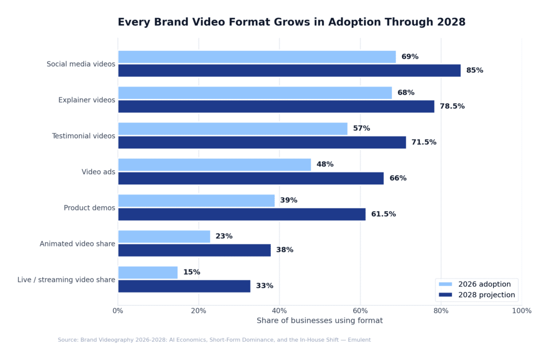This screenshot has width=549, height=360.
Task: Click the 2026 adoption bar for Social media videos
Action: (x=257, y=57)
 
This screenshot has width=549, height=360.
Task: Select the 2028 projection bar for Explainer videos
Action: (x=276, y=106)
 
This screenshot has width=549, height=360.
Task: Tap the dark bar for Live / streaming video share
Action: (x=184, y=286)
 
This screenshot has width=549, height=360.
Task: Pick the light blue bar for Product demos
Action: (x=196, y=200)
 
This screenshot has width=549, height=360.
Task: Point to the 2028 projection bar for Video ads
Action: (x=251, y=178)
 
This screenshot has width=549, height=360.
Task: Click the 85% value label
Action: (x=474, y=70)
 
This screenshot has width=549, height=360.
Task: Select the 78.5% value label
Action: (x=452, y=106)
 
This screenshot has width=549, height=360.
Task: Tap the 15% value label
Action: (x=191, y=272)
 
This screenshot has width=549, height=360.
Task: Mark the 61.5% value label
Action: (x=383, y=214)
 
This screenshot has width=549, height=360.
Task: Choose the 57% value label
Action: (x=361, y=129)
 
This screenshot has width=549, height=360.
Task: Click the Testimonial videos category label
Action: (x=83, y=136)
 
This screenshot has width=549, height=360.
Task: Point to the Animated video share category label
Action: (x=77, y=244)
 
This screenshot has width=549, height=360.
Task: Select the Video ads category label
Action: (x=98, y=172)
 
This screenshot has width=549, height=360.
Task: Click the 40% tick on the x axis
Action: (x=279, y=311)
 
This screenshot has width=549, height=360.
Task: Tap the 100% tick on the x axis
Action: (x=521, y=311)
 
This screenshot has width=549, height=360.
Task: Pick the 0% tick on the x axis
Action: (x=118, y=311)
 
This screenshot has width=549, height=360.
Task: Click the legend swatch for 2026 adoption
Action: (x=446, y=284)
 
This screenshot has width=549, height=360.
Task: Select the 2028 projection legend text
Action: (x=486, y=295)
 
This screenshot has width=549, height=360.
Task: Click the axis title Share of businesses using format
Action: (x=320, y=320)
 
